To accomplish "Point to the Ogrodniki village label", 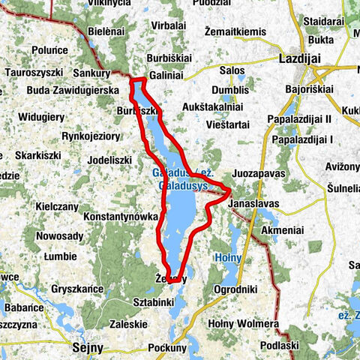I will (235, 289).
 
